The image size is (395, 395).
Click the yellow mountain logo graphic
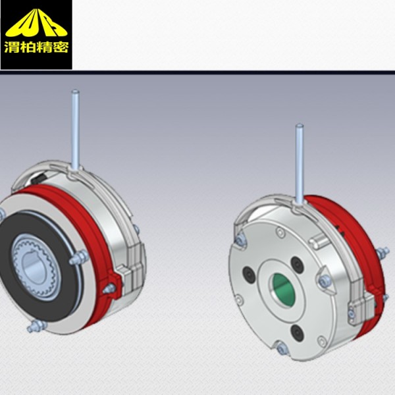36,23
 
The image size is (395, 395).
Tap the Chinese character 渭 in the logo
12,47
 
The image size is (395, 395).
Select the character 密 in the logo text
61,47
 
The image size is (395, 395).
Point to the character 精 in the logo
44,47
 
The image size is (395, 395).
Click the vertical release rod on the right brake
300,164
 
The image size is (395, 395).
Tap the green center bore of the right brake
283,289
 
